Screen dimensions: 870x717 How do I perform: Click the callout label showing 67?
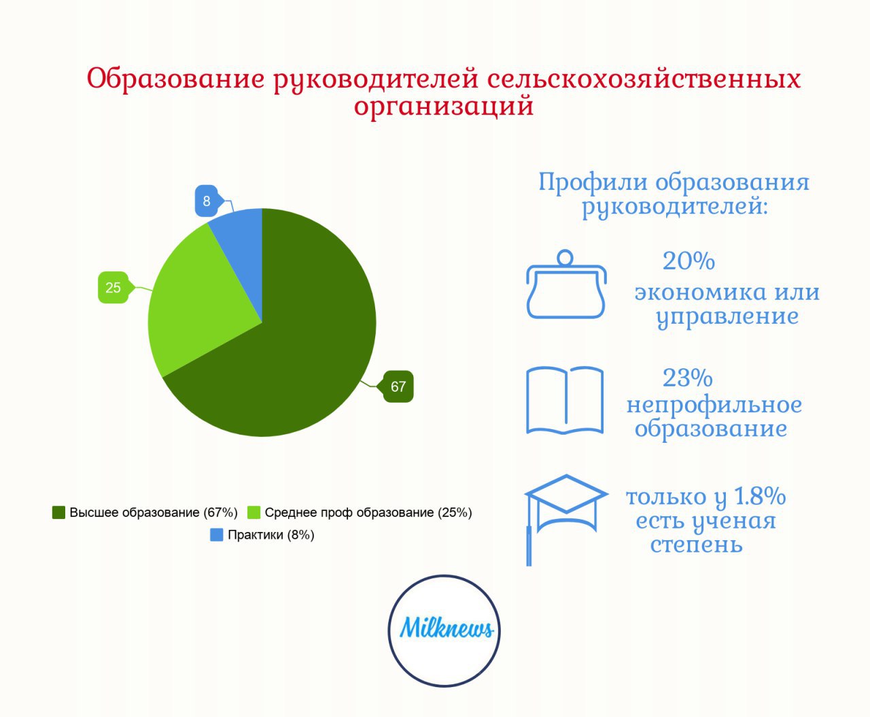398,386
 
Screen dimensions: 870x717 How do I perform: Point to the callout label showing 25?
113,287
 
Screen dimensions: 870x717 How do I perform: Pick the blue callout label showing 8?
206,201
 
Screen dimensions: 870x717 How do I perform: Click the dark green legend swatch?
58,512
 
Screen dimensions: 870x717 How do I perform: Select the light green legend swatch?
254,512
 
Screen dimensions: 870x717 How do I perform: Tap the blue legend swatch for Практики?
216,535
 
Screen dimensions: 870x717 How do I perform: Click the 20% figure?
689,261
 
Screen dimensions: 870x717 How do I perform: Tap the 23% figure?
687,378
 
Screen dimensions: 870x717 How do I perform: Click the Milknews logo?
444,631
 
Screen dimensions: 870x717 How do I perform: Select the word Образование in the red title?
175,78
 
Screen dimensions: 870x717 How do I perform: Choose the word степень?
697,545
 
